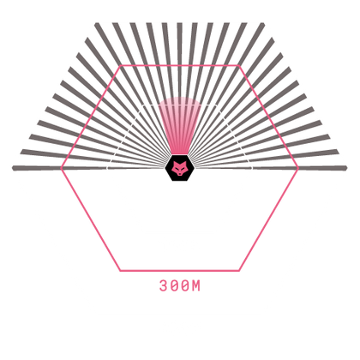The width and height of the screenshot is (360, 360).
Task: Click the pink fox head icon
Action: click(179, 168)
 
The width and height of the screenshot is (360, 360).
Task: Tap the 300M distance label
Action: click(180, 285)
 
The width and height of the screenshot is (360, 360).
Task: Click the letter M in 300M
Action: click(196, 285)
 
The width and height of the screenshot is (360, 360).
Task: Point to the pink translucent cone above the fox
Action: click(180, 126)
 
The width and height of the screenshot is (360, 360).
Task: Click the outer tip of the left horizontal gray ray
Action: click(12, 168)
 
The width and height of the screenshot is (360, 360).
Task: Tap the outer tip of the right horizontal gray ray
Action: click(347, 168)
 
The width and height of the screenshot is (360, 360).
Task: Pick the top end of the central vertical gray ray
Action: click(179, 23)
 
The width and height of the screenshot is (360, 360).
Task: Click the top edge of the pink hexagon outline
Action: click(180, 66)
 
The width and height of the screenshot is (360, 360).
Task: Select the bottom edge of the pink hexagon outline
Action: click(179, 270)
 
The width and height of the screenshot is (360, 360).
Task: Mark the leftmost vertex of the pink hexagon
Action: click(62, 168)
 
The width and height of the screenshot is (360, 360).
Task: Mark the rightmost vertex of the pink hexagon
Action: click(298, 168)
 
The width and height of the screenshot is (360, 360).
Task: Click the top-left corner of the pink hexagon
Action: click(121, 66)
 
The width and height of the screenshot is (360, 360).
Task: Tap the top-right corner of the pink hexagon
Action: click(239, 66)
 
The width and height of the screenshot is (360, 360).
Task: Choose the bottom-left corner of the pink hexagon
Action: click(120, 270)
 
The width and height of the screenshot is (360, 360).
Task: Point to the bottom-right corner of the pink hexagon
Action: click(239, 270)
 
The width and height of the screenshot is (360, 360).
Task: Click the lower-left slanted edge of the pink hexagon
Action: click(91, 219)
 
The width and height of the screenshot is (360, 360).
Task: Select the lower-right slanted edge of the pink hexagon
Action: click(268, 219)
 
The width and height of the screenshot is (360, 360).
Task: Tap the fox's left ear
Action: click(174, 163)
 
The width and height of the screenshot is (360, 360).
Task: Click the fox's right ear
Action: click(185, 163)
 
